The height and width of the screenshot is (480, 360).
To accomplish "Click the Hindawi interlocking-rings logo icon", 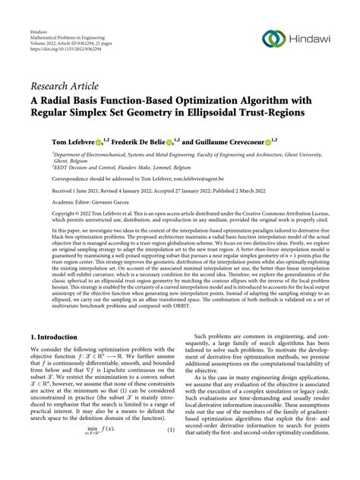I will click(x=275, y=39).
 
